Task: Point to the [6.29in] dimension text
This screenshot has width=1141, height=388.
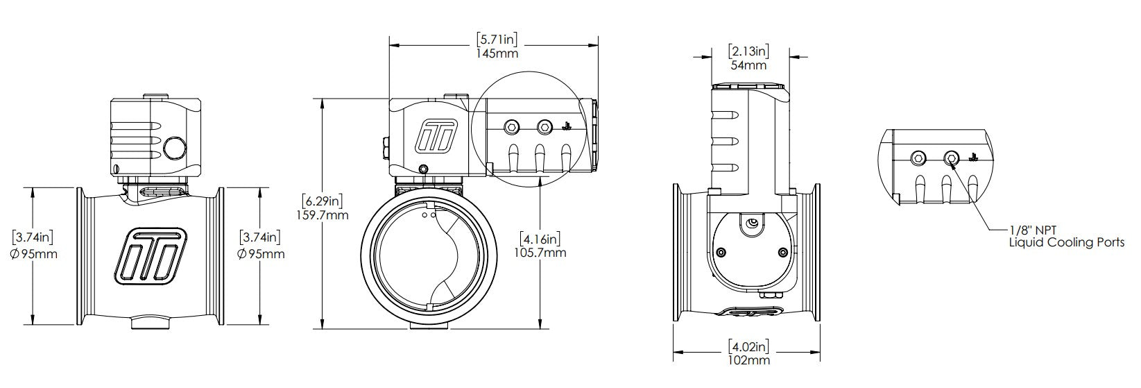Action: tap(323, 201)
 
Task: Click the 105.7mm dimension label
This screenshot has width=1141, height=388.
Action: tap(542, 252)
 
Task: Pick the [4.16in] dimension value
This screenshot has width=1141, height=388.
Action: tap(542, 239)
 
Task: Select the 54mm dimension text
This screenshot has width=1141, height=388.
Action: tap(748, 65)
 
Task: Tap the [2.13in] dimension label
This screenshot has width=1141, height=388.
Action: tap(748, 51)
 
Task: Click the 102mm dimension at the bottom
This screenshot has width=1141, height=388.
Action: tap(750, 360)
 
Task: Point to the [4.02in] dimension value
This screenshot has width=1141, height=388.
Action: tap(749, 346)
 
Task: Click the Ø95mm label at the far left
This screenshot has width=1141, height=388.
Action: tap(35, 253)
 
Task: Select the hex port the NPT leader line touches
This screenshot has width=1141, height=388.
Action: tap(952, 159)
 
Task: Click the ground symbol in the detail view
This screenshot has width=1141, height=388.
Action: tap(972, 157)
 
